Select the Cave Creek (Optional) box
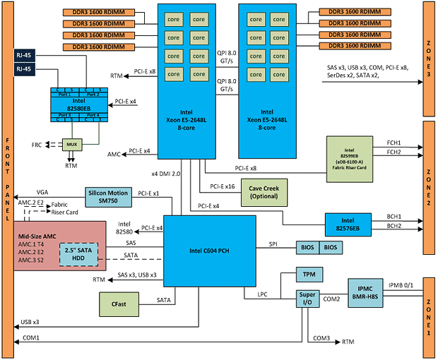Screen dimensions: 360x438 click(264, 191)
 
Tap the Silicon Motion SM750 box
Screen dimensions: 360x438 click(107, 197)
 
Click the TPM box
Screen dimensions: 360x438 click(309, 273)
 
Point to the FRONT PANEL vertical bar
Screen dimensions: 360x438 click(7, 180)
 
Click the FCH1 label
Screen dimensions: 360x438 click(394, 142)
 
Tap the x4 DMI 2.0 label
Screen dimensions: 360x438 click(167, 173)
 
